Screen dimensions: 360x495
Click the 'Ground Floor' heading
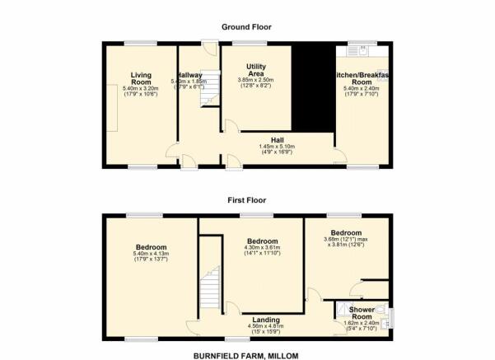click(x=246, y=27)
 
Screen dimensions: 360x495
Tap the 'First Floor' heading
click(x=246, y=200)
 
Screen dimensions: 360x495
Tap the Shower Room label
click(x=362, y=313)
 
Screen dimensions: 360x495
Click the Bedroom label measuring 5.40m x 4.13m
click(x=152, y=247)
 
